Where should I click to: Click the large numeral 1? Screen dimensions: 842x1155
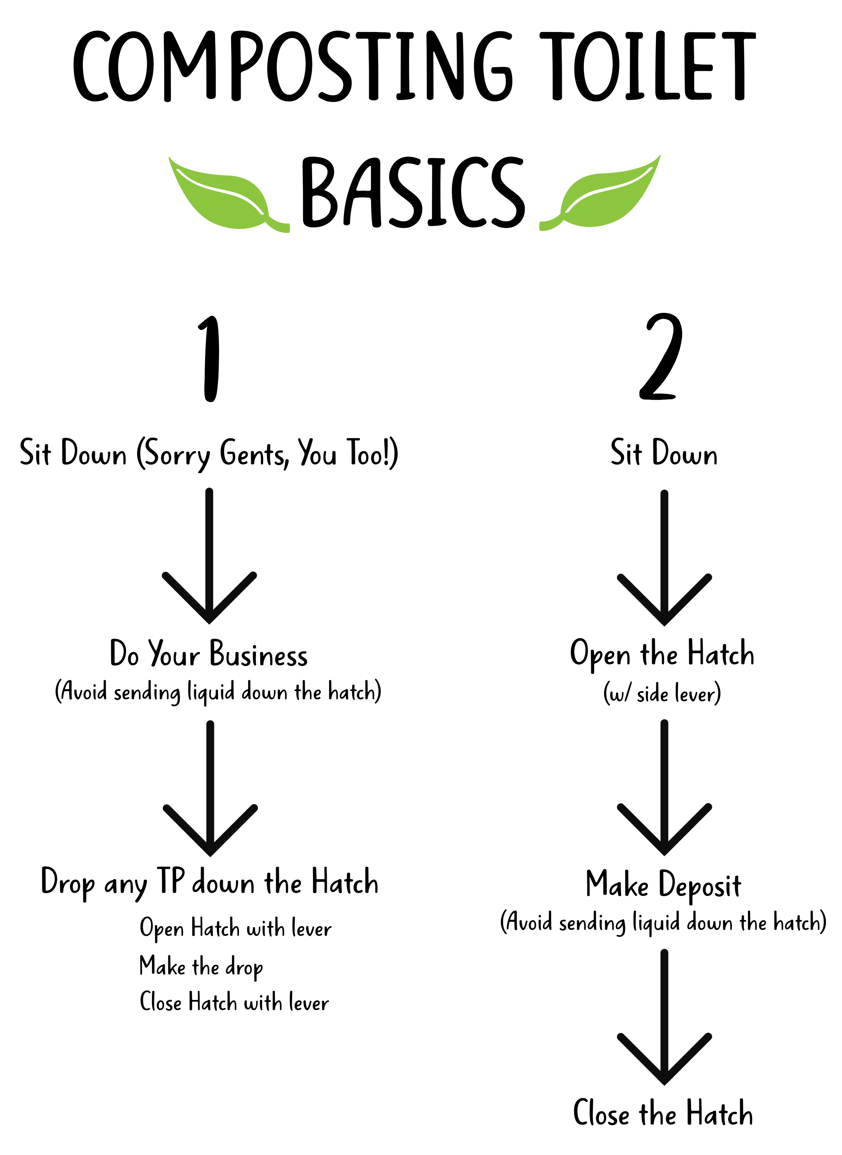click(x=209, y=358)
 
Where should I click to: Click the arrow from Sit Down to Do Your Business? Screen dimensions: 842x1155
click(x=209, y=556)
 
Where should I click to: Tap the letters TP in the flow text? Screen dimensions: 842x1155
click(x=170, y=880)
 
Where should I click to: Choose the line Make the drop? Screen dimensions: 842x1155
click(x=201, y=967)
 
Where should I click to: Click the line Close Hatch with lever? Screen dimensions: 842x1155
click(x=234, y=1002)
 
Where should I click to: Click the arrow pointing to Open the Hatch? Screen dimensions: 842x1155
click(x=664, y=558)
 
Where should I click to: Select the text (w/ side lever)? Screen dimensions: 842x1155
click(x=662, y=693)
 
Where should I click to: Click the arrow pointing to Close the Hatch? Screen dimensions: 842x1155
click(x=664, y=1017)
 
